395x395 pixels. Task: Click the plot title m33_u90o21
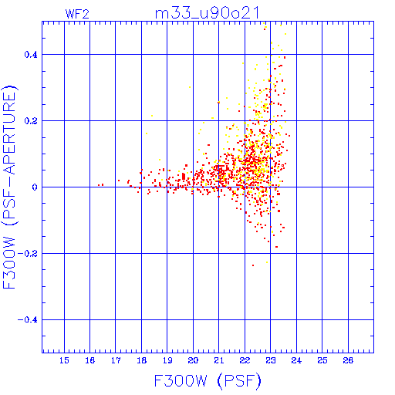click(207, 13)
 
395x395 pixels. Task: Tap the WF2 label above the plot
click(77, 14)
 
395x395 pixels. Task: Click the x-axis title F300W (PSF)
click(208, 380)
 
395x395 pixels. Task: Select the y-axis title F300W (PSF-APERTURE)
click(9, 187)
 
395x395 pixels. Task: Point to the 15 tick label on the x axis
click(64, 360)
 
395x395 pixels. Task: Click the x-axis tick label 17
click(116, 360)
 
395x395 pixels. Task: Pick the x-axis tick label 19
click(167, 360)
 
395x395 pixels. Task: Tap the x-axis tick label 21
click(219, 360)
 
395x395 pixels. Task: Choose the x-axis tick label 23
click(271, 360)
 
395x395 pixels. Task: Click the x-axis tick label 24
click(296, 360)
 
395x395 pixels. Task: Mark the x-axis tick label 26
click(348, 360)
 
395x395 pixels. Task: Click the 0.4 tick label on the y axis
click(31, 55)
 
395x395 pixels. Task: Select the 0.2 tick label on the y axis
click(31, 121)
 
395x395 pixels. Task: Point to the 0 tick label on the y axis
click(35, 187)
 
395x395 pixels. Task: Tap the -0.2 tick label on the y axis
click(28, 254)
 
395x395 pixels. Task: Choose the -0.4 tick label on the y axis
click(28, 320)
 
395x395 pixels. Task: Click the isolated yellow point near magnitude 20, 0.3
click(190, 87)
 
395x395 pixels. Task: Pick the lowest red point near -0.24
click(253, 265)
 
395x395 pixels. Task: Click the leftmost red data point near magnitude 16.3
click(99, 185)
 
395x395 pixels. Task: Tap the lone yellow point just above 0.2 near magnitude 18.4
click(152, 116)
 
